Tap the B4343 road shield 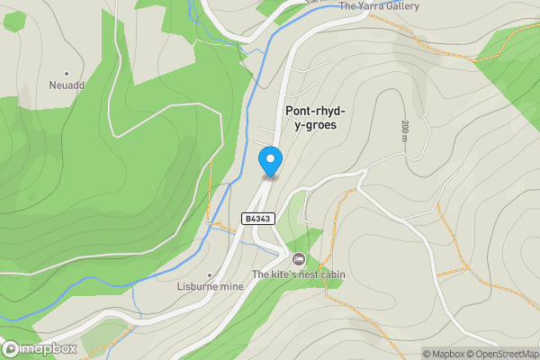257,219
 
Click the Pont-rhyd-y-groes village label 310,118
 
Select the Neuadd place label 66,85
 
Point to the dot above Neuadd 66,73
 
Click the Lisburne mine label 210,286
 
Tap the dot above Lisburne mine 210,274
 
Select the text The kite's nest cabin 299,274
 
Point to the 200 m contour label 405,131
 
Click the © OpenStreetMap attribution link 502,354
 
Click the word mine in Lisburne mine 232,286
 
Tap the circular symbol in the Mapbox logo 11,348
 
